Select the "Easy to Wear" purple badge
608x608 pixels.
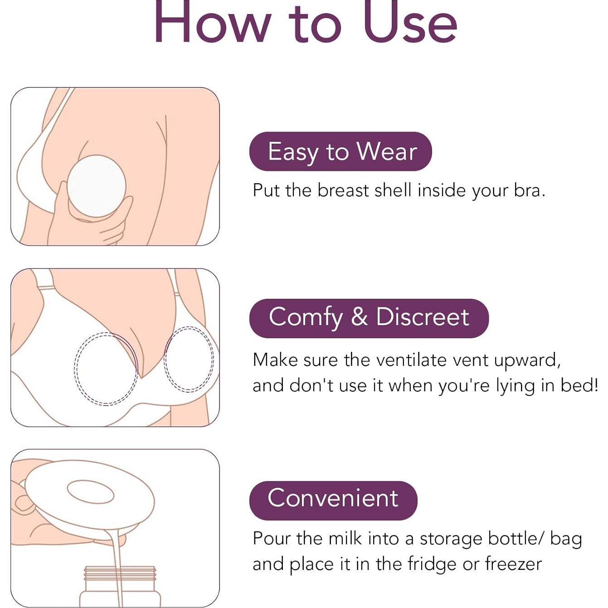(x=340, y=151)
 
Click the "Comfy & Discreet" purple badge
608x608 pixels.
(x=369, y=318)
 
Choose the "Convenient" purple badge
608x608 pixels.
(x=333, y=501)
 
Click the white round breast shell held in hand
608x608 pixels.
(x=97, y=186)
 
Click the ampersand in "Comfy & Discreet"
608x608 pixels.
(x=360, y=317)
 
